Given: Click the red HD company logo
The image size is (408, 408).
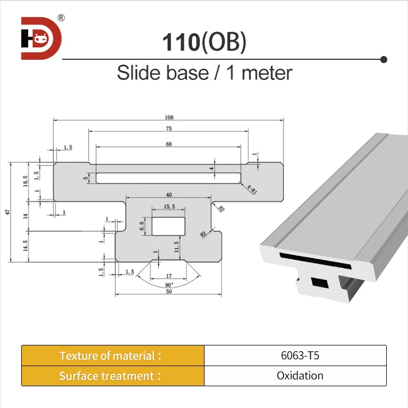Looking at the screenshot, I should coord(41,39).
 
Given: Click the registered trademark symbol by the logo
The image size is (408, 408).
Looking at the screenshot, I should coord(61,17).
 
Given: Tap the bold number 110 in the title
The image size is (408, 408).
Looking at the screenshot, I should coord(182,43).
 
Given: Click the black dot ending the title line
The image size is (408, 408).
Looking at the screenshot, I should coord(384,59).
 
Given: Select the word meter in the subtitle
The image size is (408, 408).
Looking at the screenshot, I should coord(267,73).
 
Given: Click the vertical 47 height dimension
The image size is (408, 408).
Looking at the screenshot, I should coord(8,213).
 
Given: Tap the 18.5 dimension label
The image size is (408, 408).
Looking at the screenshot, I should coord(25,181).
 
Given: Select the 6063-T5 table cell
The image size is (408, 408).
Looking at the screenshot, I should coord(295,356).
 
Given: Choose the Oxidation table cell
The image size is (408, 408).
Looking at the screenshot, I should coord(295,376).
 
